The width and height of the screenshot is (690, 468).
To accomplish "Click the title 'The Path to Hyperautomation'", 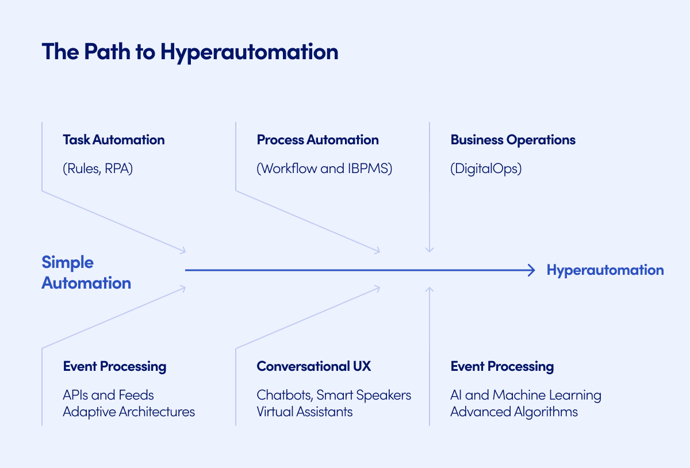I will point(190,52).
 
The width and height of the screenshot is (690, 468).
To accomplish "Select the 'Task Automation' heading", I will point(113,140).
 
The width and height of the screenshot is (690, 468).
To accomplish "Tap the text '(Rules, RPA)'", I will point(97,169).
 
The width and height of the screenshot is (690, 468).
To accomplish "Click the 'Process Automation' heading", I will point(317,140).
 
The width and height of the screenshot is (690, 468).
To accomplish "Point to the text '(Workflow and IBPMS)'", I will point(324,169).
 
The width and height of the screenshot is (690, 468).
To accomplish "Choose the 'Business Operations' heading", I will point(513,140).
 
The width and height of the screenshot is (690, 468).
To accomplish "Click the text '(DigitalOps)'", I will point(486,169).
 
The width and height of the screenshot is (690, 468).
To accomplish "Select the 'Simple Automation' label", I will point(86,273).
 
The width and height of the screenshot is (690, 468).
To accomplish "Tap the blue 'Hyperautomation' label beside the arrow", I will point(605,270).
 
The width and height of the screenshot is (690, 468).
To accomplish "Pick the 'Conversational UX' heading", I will point(314,366).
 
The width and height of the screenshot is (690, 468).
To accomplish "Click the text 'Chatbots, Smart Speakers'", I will point(333,395).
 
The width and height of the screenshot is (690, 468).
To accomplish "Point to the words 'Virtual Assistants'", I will point(305,412).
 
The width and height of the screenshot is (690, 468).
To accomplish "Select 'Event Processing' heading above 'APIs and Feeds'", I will point(114,366).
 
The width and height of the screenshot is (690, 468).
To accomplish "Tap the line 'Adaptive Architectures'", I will point(129,412).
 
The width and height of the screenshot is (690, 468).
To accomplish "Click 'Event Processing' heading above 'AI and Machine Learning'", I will point(502,366).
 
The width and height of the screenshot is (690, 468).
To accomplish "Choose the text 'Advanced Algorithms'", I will point(514,412).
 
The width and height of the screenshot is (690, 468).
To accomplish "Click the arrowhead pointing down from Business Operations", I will point(429,250).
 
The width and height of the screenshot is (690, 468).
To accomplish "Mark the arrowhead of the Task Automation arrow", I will point(183,250).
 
